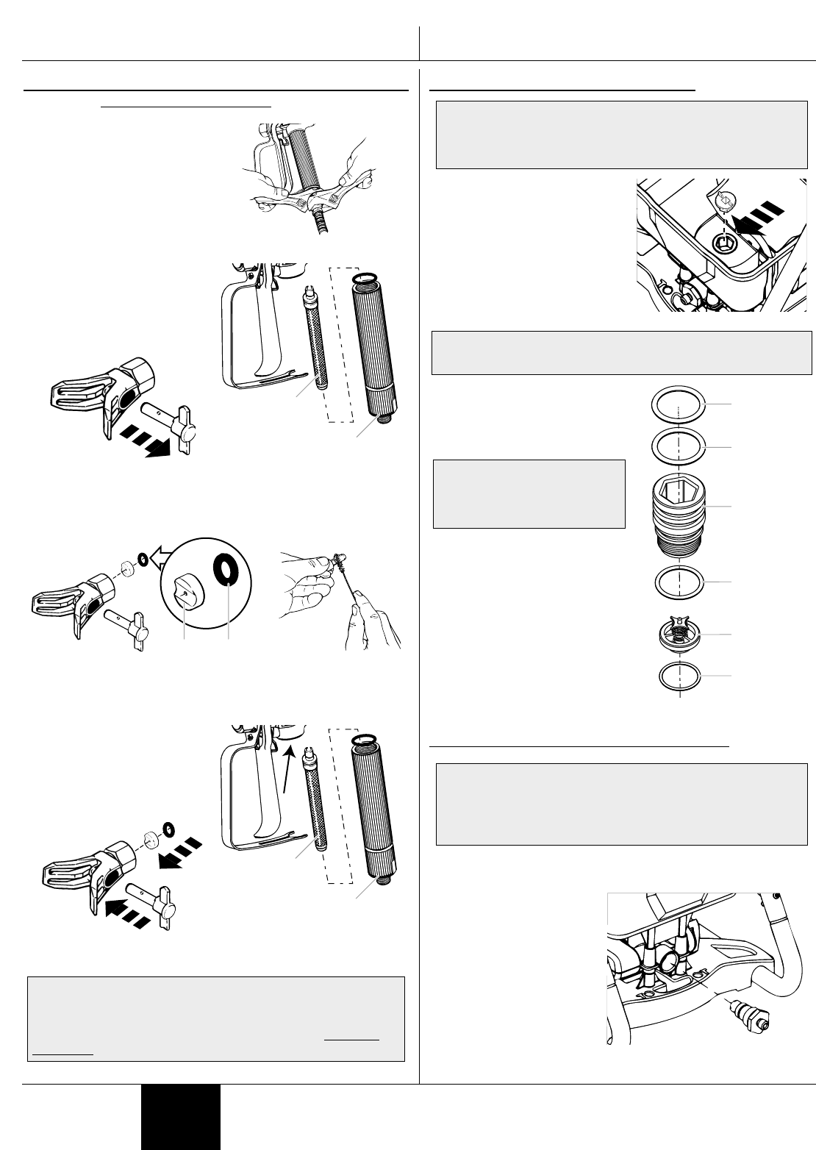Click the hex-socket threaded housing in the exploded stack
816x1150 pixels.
point(679,513)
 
